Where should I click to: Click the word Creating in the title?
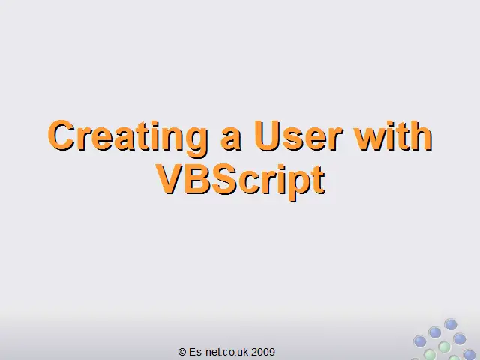(127, 137)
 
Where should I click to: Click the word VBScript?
(240, 181)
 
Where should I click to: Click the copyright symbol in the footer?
(181, 352)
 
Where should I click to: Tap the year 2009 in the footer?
(263, 352)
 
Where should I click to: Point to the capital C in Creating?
(61, 135)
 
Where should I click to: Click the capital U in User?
(267, 136)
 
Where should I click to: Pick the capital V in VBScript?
(170, 179)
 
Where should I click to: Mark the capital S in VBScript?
(225, 179)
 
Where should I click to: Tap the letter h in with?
(420, 135)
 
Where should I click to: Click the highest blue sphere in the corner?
(451, 324)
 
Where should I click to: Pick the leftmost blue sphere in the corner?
(420, 340)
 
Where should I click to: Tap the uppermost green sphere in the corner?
(444, 346)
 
